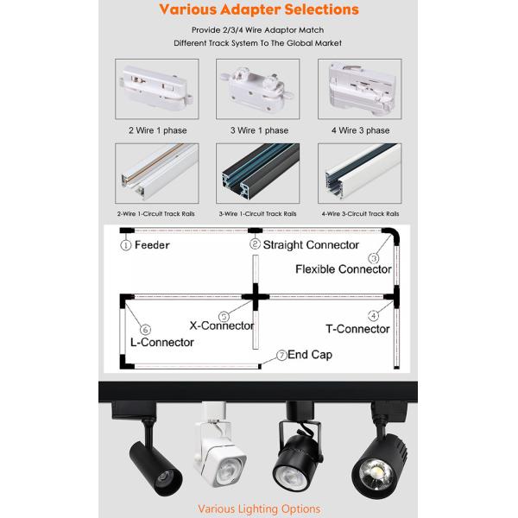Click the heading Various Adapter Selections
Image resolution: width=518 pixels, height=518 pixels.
pyautogui.click(x=259, y=10)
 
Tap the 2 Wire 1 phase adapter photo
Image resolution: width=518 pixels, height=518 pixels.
pyautogui.click(x=157, y=89)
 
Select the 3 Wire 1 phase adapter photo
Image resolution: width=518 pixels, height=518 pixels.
pyautogui.click(x=258, y=89)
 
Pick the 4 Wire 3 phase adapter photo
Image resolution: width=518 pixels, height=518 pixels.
pyautogui.click(x=360, y=89)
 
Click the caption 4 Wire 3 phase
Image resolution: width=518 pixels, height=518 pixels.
pyautogui.click(x=360, y=130)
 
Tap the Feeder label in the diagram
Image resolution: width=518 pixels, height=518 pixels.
pyautogui.click(x=150, y=245)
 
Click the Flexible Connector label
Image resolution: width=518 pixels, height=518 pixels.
pyautogui.click(x=344, y=269)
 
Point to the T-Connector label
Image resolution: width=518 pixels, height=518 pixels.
pyautogui.click(x=357, y=329)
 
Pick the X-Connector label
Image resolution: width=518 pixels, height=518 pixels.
pyautogui.click(x=221, y=325)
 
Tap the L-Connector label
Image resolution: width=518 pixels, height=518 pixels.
pyautogui.click(x=161, y=342)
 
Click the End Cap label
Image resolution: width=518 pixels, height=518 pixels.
pyautogui.click(x=309, y=355)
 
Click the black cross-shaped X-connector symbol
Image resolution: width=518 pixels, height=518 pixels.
pyautogui.click(x=256, y=296)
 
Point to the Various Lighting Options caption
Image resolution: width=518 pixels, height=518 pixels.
pyautogui.click(x=258, y=509)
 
